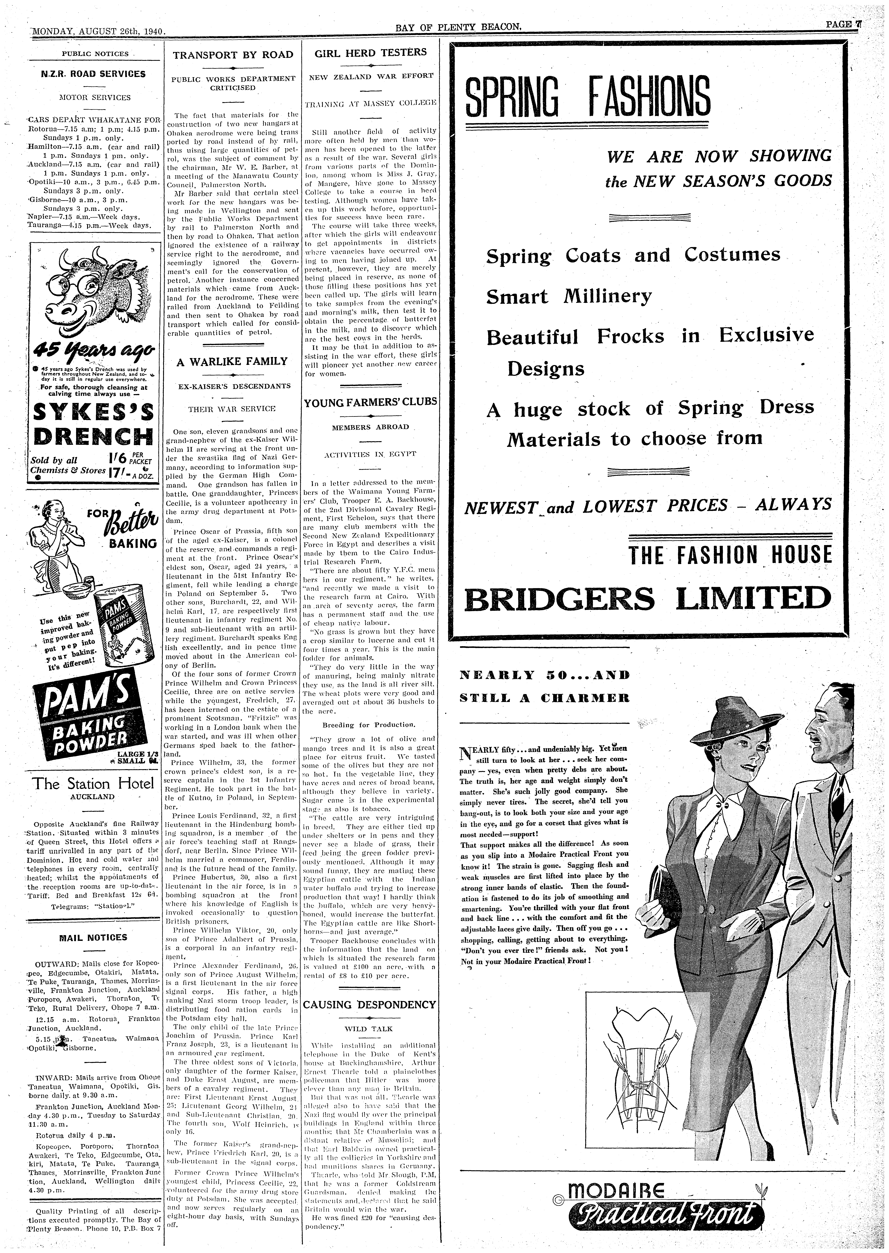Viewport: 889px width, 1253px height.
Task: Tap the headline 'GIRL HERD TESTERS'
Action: pos(371,53)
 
